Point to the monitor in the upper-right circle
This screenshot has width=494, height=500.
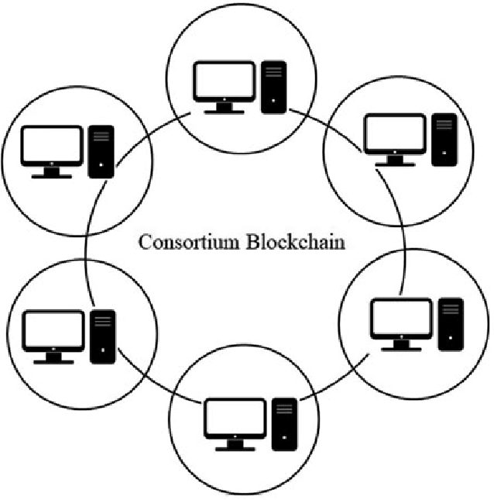point(395,136)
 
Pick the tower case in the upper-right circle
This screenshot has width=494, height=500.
point(444,140)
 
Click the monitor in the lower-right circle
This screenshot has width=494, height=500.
point(401,321)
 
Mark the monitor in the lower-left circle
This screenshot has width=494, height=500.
point(53,333)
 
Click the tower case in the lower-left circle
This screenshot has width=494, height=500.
point(102,336)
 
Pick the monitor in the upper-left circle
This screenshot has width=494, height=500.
point(51,148)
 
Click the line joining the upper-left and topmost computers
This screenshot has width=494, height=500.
point(151,132)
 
